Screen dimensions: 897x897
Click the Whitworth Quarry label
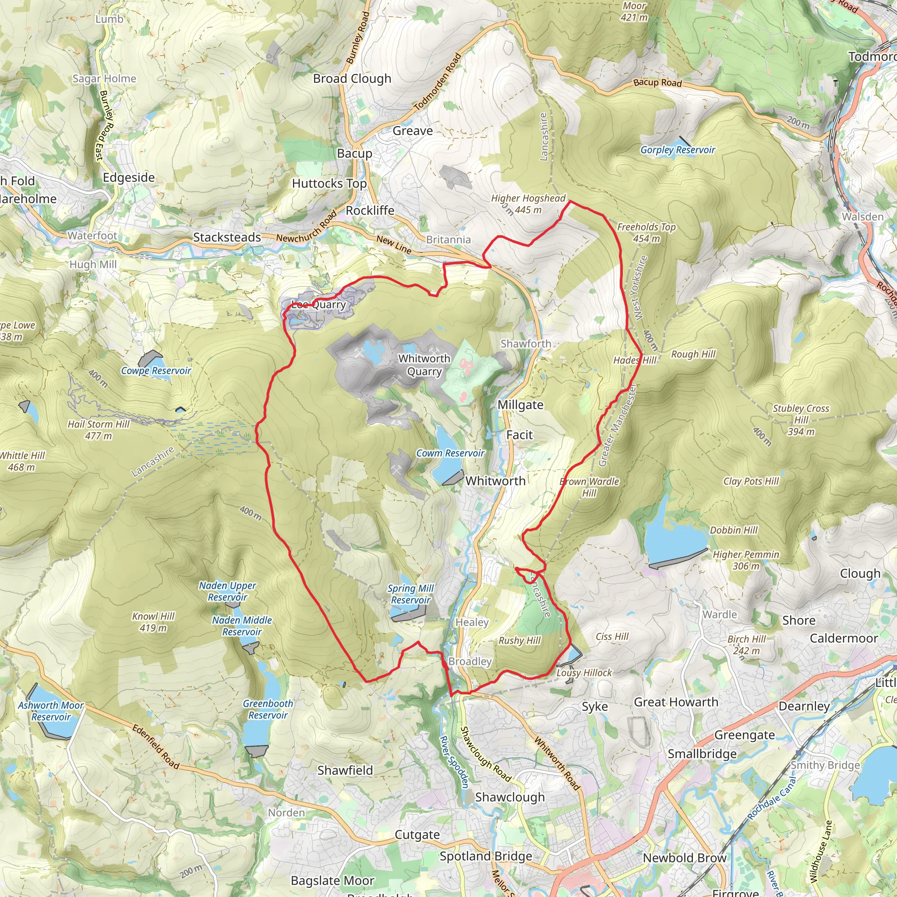coord(424,365)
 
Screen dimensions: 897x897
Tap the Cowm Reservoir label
coord(449,453)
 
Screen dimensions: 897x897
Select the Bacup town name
coord(354,153)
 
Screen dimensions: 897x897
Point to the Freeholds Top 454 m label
coord(646,233)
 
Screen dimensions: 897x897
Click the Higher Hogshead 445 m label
coord(528,204)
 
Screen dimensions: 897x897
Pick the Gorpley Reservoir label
coord(678,150)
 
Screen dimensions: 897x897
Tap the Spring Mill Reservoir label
coord(410,594)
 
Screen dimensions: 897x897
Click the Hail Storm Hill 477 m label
coord(99,430)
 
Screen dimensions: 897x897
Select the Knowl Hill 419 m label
coord(153,622)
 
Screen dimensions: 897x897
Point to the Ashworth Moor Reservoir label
coord(51,711)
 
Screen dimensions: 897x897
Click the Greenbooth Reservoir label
coord(268,709)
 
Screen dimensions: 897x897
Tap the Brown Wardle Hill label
coord(589,487)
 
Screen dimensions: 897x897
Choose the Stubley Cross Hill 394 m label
coord(801,420)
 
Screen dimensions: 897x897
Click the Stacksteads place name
coord(226,237)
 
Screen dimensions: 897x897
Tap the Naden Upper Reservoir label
coord(227,591)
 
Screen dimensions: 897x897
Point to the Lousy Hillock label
coord(584,673)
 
